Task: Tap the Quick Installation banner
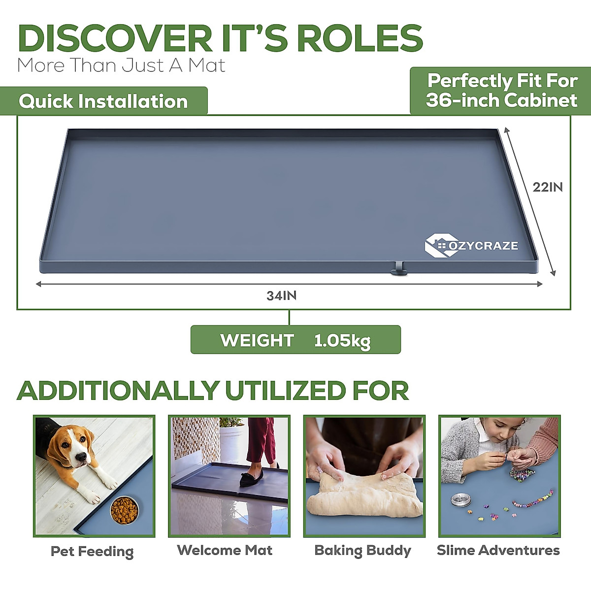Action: point(103,101)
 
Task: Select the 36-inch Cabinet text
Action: point(501,100)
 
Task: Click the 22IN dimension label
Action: point(547,187)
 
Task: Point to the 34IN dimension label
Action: point(282,295)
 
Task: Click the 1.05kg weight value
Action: point(342,340)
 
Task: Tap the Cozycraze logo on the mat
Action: point(471,245)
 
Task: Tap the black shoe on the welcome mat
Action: point(251,478)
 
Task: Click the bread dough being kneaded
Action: point(364,495)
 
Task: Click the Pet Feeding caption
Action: point(92,551)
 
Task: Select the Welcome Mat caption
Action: point(225,550)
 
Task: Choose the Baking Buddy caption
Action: point(363,550)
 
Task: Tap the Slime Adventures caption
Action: point(498,550)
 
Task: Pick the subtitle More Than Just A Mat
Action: point(121,66)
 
